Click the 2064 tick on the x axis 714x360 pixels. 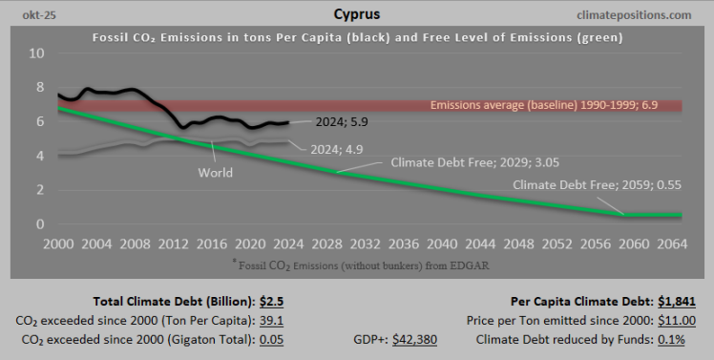pyautogui.click(x=672, y=244)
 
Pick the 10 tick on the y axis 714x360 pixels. pyautogui.click(x=36, y=53)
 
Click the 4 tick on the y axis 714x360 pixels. pyautogui.click(x=39, y=156)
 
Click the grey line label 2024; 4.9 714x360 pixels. pyautogui.click(x=336, y=149)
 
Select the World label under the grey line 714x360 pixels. pyautogui.click(x=216, y=173)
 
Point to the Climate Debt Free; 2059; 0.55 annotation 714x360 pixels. pyautogui.click(x=597, y=184)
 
